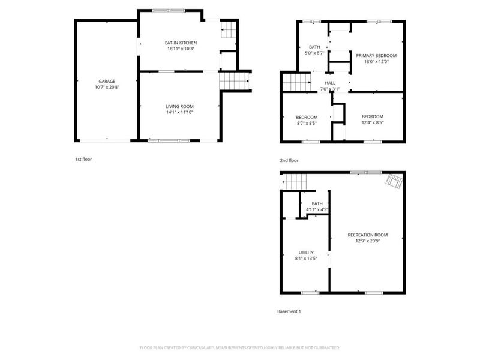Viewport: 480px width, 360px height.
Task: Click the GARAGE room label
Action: click(x=107, y=81)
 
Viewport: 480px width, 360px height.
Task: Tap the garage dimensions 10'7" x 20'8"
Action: click(x=107, y=88)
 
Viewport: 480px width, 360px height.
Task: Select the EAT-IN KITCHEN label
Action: click(x=181, y=43)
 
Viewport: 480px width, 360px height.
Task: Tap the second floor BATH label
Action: click(x=314, y=47)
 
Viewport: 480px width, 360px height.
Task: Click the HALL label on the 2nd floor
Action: click(x=330, y=83)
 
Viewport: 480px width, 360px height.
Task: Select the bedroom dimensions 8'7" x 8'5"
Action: click(x=306, y=123)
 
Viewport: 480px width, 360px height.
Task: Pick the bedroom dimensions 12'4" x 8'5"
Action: click(x=373, y=122)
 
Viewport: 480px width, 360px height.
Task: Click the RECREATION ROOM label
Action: click(x=368, y=235)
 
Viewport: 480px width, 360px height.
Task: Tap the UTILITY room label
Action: click(x=306, y=253)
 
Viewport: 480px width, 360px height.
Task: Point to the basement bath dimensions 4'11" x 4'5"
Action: click(x=317, y=209)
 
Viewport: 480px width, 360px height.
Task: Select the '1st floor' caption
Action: click(x=83, y=160)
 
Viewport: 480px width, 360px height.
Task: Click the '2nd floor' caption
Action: click(x=289, y=160)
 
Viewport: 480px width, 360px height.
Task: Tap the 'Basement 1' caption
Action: click(x=289, y=311)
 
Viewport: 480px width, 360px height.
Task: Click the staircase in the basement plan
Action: click(x=295, y=179)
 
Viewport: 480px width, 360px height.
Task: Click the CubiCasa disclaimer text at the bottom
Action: click(x=239, y=348)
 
